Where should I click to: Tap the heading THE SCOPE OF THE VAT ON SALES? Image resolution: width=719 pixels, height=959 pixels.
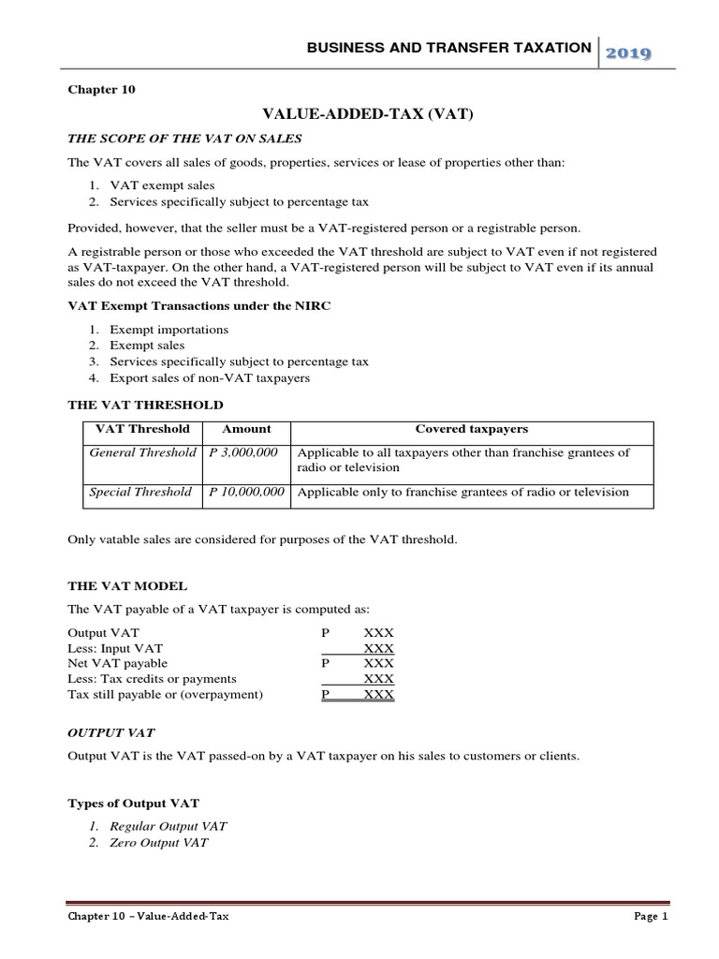pos(183,139)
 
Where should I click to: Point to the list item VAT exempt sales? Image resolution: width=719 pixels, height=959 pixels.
pos(162,185)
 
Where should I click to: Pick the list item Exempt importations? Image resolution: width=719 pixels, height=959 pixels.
pos(169,330)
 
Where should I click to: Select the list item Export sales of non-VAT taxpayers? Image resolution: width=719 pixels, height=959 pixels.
pos(210,377)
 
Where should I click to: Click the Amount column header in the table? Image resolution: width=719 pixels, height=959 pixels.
pos(246,429)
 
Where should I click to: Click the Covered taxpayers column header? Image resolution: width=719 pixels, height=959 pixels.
pos(472,429)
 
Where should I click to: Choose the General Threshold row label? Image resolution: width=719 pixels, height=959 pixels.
pos(142,452)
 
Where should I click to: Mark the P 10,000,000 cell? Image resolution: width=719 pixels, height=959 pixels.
pos(246,492)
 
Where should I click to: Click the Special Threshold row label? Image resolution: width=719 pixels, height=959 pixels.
pos(140,492)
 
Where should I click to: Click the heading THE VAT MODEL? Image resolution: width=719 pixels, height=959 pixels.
pos(127,584)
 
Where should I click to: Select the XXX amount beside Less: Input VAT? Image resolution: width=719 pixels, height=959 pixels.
pos(378,647)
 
